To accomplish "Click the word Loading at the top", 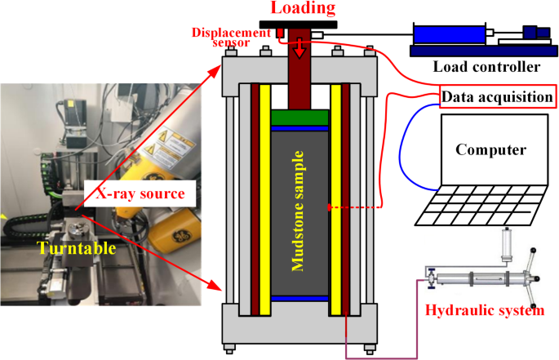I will (x=303, y=9).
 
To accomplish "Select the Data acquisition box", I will (x=498, y=96).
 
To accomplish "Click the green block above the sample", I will (x=299, y=118).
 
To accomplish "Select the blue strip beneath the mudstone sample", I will (x=299, y=299).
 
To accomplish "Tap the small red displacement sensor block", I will (x=278, y=33).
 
